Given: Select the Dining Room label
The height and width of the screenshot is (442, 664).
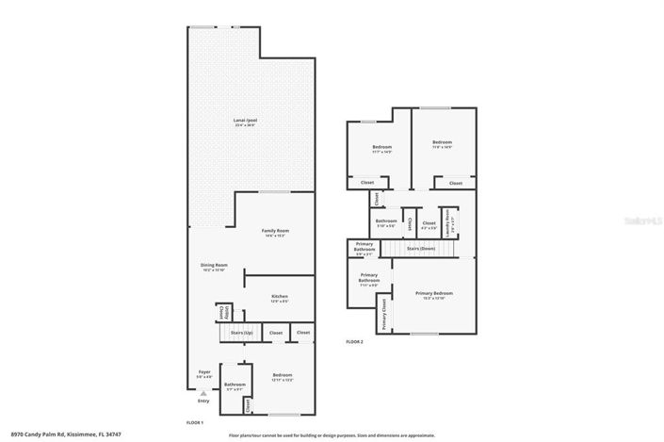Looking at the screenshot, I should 214,267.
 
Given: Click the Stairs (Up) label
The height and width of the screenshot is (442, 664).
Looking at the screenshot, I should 242,333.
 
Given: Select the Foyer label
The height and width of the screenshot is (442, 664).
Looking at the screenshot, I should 204,374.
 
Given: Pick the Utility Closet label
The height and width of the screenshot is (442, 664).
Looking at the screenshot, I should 222,313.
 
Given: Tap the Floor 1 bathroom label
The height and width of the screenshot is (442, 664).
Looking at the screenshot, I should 235,385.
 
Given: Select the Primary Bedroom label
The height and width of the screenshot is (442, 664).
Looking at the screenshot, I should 434,295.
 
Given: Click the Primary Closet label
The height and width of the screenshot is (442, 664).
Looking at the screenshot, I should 384,316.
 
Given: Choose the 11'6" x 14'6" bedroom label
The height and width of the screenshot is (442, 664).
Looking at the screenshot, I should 442,145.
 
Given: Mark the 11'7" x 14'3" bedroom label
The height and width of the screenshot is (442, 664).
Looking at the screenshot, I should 381,148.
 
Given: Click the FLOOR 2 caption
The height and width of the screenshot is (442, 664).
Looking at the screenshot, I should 354,341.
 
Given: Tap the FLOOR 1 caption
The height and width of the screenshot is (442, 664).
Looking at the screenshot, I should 193,424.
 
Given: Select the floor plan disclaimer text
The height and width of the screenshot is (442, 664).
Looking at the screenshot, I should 332,435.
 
